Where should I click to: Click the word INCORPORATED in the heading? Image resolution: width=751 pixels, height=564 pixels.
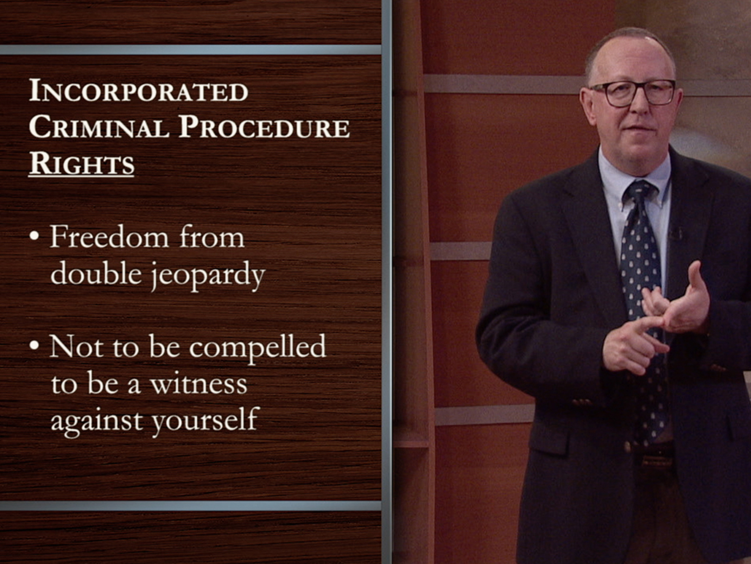click(138, 91)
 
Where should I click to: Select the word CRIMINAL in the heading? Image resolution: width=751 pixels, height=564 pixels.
click(99, 127)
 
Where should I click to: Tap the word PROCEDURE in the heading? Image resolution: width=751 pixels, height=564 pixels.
click(264, 127)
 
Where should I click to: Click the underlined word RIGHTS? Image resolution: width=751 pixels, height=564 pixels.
click(82, 164)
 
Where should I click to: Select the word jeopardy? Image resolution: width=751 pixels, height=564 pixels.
click(208, 275)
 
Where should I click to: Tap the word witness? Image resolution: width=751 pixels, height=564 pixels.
click(199, 384)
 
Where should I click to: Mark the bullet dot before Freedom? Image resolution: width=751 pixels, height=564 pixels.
click(34, 236)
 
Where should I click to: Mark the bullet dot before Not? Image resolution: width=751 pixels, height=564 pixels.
click(34, 345)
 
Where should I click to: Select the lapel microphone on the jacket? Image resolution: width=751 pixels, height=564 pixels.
click(676, 233)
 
